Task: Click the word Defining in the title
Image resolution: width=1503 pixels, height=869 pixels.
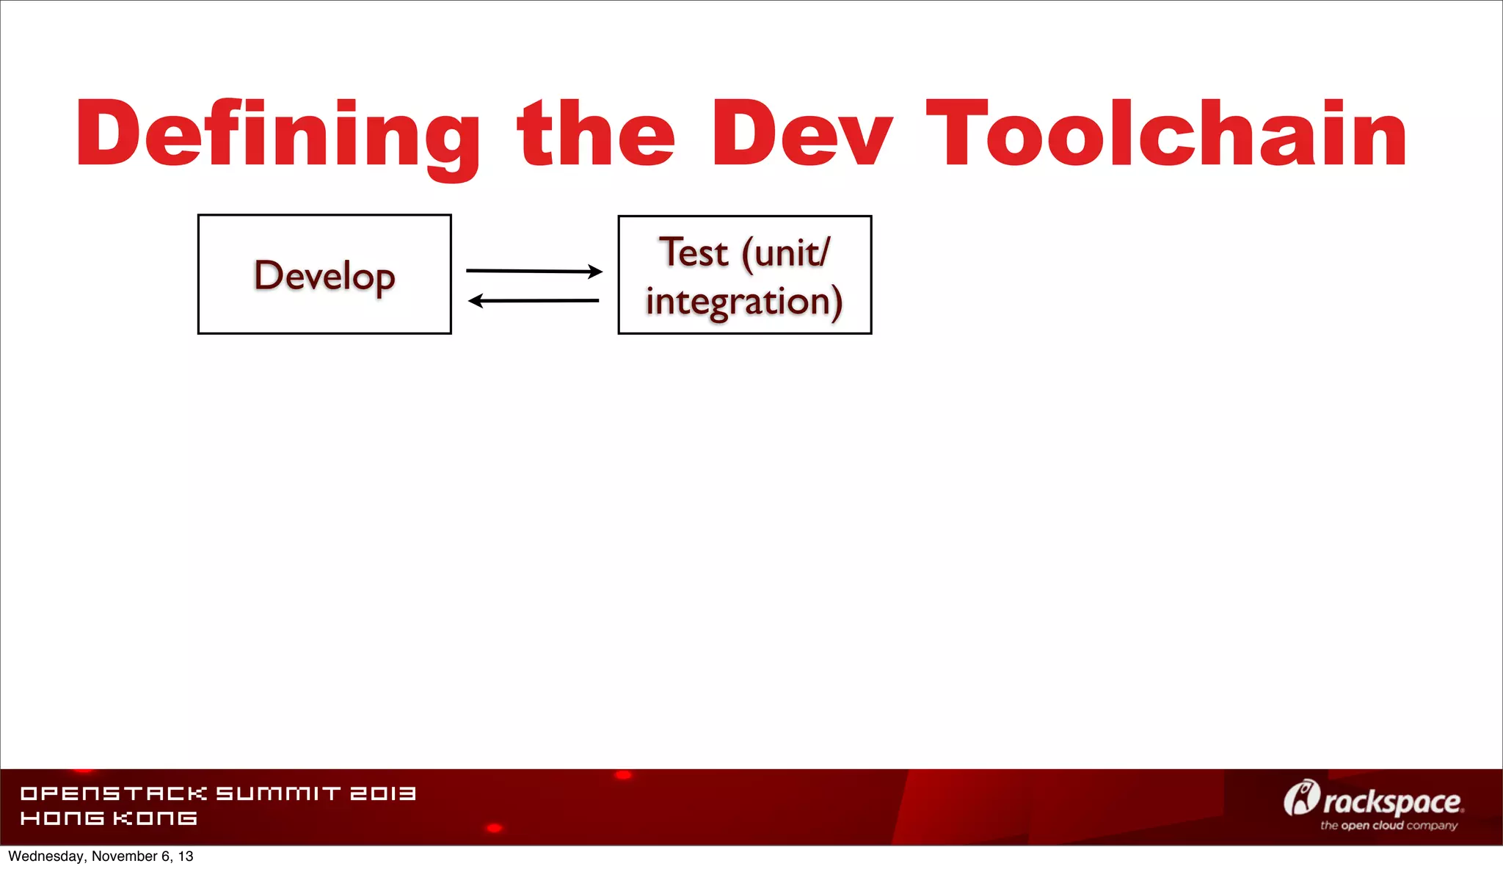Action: point(277,136)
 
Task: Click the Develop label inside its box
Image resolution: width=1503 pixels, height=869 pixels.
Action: point(324,277)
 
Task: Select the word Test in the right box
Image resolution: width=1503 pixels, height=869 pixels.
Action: point(694,253)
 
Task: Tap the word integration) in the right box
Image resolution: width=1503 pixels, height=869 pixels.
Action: point(744,302)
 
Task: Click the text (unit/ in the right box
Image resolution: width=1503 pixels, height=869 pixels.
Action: point(787,254)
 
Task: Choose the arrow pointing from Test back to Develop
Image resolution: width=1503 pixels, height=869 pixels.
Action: point(534,300)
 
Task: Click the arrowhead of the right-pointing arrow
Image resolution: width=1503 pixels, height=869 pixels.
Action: point(596,272)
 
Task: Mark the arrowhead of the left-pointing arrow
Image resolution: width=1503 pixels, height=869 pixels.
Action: point(476,300)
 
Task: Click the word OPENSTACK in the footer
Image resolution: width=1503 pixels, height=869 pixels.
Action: point(114,793)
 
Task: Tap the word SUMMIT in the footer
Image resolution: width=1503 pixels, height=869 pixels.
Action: point(279,793)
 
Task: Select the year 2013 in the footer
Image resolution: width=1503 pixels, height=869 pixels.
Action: point(383,793)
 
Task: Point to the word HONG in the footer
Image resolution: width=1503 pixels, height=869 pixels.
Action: point(62,818)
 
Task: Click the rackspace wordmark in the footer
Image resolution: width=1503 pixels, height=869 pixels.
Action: point(1393,802)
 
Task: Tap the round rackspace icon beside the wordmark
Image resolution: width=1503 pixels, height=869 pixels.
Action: point(1301,799)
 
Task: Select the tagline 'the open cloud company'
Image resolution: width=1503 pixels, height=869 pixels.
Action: point(1389,826)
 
